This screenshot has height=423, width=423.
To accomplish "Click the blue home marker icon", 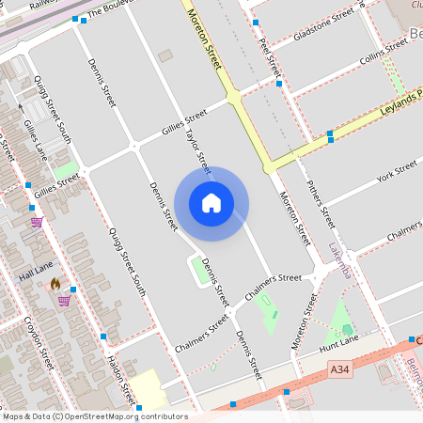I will click(x=211, y=202).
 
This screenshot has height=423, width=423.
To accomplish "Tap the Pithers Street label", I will click(x=321, y=205).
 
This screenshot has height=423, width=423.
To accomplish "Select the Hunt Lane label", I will click(x=340, y=348).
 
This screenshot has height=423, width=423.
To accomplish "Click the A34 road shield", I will click(x=339, y=373).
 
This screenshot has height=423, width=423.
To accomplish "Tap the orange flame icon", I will click(x=55, y=283).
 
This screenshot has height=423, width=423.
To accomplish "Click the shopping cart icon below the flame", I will click(x=63, y=301).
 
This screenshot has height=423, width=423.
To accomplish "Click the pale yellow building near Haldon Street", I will click(x=146, y=389).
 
